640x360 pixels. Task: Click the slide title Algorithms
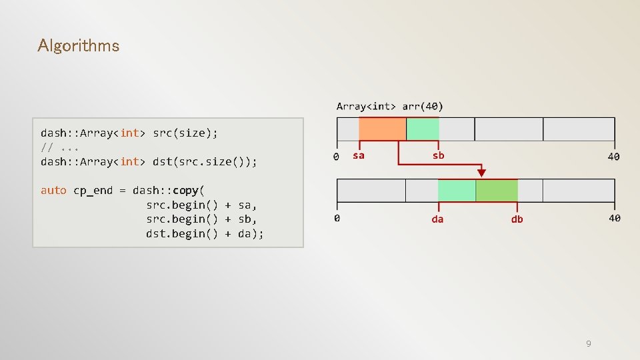(x=79, y=46)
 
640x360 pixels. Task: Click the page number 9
(x=588, y=343)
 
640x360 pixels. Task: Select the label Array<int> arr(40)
(x=389, y=106)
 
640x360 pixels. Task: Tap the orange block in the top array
(x=382, y=129)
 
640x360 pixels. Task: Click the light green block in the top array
(x=423, y=129)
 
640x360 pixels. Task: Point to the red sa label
(x=359, y=155)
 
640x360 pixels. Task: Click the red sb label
(x=438, y=155)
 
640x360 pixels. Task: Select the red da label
(x=437, y=219)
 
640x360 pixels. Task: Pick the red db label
(x=517, y=219)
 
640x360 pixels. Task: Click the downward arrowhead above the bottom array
(x=481, y=173)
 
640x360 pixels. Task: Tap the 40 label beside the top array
(x=613, y=157)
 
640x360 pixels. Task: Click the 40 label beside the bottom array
(x=614, y=218)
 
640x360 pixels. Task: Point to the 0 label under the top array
(x=336, y=157)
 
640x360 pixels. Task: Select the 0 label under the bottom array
(x=337, y=218)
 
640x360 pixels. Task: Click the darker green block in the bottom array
(x=497, y=191)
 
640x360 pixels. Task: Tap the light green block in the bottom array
(x=457, y=191)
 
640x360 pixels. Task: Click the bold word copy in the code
(x=185, y=191)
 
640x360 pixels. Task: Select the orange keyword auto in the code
(x=53, y=191)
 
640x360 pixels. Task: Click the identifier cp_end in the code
(x=93, y=191)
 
